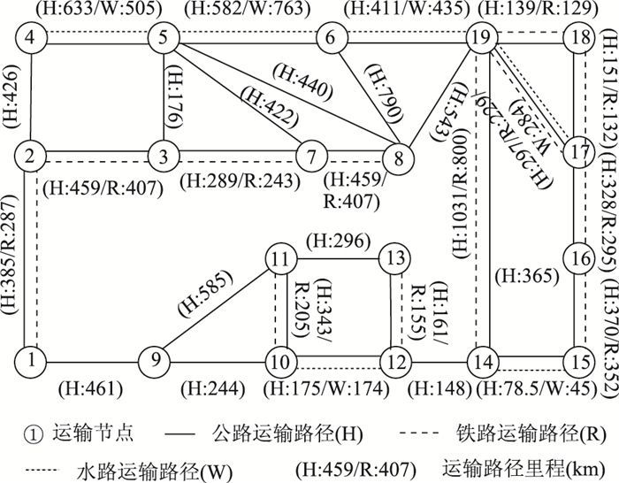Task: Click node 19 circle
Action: click(480, 37)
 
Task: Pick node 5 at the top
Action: click(164, 37)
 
